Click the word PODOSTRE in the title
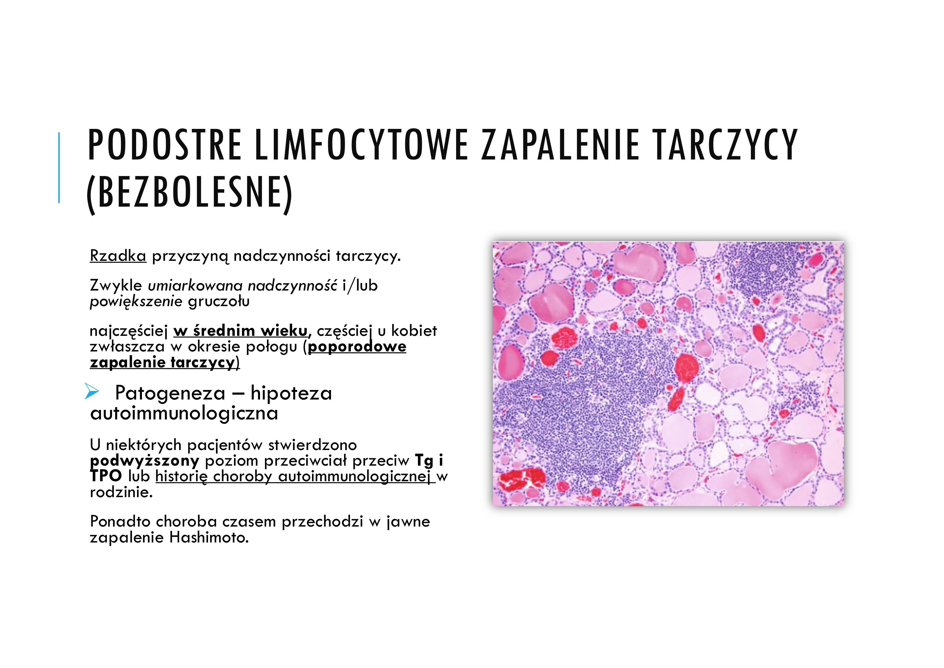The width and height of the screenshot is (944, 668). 165,145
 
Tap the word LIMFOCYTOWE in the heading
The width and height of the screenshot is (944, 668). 361,145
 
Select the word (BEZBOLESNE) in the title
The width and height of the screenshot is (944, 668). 189,193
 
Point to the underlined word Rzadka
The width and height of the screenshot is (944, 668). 118,256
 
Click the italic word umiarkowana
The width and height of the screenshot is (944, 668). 195,285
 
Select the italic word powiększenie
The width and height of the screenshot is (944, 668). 136,302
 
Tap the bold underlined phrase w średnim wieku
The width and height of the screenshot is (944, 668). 240,331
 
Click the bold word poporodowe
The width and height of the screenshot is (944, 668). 357,347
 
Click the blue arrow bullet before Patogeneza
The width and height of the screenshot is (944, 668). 92,392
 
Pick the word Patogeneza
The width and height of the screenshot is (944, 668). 170,393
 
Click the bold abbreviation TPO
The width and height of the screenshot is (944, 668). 106,476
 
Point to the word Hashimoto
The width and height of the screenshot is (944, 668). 209,538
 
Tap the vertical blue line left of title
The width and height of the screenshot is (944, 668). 59,167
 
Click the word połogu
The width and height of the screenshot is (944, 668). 271,347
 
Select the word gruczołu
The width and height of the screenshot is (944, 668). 219,302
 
